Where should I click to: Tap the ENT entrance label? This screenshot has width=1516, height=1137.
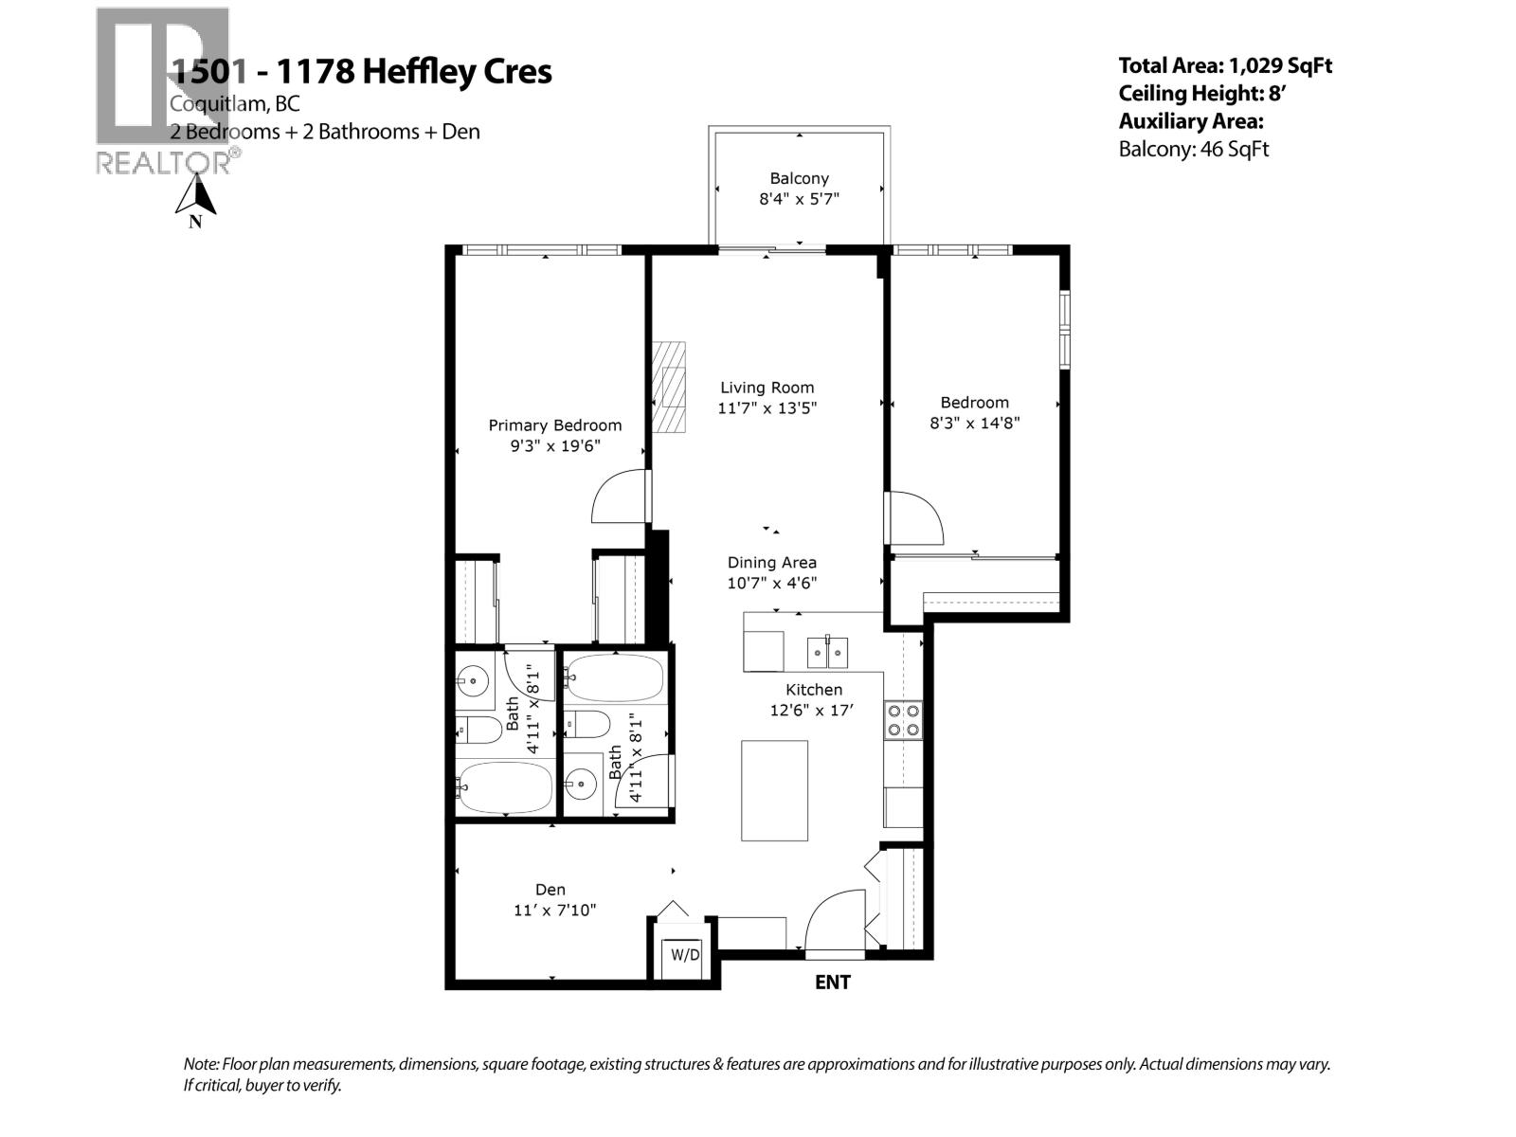[x=832, y=983]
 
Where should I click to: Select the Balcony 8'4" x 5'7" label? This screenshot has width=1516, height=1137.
[x=799, y=189]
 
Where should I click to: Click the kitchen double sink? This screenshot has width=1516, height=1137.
[x=827, y=652]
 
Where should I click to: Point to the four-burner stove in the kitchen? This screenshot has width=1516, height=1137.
[x=903, y=719]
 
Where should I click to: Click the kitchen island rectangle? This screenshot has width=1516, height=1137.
[x=774, y=790]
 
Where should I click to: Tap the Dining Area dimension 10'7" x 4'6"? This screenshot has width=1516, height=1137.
[x=771, y=584]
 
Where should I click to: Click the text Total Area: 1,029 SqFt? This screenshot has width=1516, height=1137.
[x=1225, y=65]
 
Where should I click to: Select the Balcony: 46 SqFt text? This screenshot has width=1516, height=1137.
[x=1193, y=149]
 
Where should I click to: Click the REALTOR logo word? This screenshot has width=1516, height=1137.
[x=163, y=163]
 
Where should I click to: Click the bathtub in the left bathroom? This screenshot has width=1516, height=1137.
[x=504, y=787]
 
